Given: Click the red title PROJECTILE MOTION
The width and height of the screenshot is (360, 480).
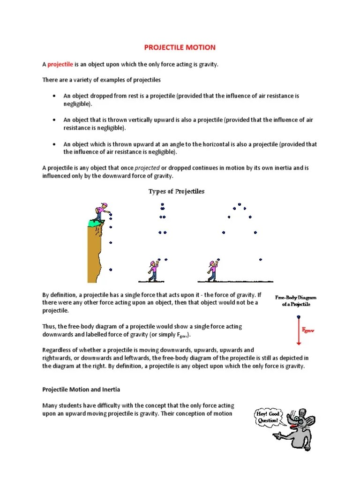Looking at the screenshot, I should (x=180, y=47).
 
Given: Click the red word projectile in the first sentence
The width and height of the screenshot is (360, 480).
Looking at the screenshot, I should (x=60, y=64).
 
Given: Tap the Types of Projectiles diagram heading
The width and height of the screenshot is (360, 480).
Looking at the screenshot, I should (x=176, y=191).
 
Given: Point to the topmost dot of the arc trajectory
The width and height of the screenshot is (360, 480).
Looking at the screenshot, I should (x=239, y=204).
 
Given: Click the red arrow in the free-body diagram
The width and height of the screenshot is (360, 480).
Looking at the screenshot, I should (x=298, y=330).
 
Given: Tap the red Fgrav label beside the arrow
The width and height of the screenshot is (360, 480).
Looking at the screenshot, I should (x=308, y=331).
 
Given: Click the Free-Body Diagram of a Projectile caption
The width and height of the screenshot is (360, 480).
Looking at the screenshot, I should (x=296, y=301).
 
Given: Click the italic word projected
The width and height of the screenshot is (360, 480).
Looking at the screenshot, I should (x=147, y=167).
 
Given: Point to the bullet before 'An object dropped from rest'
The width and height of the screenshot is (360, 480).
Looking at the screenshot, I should (x=55, y=96).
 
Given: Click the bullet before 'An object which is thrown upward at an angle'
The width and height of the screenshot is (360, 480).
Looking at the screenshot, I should (x=55, y=144).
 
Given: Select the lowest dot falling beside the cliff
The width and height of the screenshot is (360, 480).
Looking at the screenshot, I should (x=111, y=270).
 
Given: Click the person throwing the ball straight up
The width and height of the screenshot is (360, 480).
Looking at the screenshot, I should (x=152, y=271).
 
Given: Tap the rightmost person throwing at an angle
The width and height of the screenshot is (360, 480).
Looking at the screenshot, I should (x=212, y=271).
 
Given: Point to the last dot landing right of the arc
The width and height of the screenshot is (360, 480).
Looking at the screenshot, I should (x=261, y=259).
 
